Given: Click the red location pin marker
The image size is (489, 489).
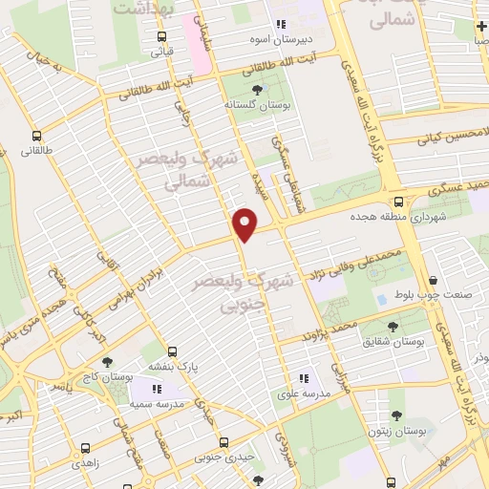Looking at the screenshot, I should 246,224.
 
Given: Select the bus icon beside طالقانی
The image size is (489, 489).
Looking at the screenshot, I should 37,136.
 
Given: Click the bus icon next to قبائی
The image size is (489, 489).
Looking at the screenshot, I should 161,37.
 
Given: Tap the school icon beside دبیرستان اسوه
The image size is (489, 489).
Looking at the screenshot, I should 281,25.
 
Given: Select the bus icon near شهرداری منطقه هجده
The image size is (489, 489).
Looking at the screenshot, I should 398,202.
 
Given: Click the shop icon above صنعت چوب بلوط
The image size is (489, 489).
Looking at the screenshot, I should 435,279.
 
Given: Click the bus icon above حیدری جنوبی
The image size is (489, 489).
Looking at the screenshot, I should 224,442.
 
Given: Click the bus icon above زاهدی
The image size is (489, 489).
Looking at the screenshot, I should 86,446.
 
